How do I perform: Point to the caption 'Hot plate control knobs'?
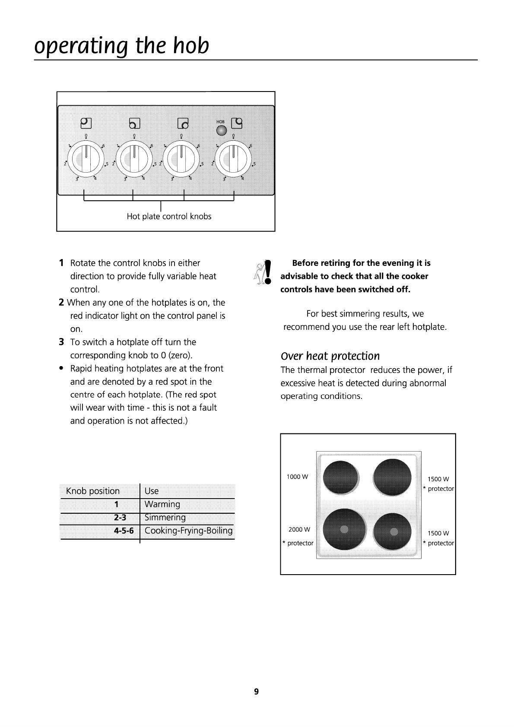169,216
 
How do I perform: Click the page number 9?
257,692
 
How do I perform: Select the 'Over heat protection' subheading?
330,356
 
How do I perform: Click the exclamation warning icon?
268,272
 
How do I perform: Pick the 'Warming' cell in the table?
162,504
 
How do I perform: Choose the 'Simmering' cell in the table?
165,517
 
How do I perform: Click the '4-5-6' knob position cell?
124,531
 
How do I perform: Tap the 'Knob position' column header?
93,491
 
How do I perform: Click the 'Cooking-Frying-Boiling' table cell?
188,531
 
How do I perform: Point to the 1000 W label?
297,477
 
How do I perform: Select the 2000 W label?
299,529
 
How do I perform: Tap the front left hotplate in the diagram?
344,531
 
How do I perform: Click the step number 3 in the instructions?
61,342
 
